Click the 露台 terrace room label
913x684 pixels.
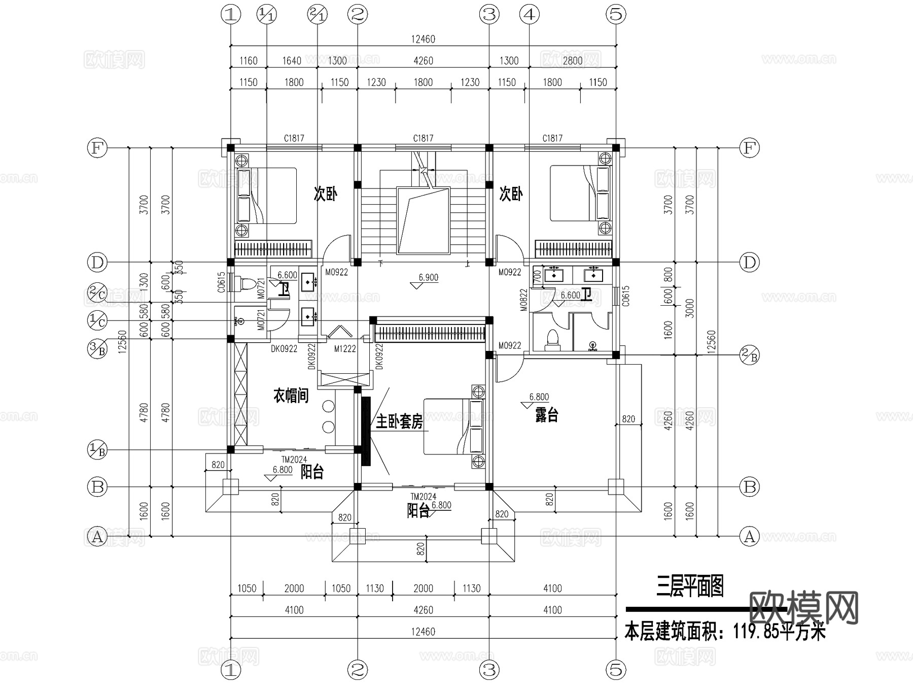pyautogui.click(x=546, y=415)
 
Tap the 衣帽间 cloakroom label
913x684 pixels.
pyautogui.click(x=291, y=396)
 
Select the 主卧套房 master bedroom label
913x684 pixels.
pyautogui.click(x=399, y=421)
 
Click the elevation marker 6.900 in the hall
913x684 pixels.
pyautogui.click(x=428, y=278)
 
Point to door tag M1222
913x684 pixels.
pyautogui.click(x=345, y=349)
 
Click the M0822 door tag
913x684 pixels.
pyautogui.click(x=523, y=300)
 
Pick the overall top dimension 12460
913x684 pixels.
pyautogui.click(x=423, y=39)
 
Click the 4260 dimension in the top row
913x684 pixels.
pyautogui.click(x=423, y=61)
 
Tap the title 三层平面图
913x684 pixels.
pyautogui.click(x=690, y=587)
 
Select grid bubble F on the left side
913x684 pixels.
pyautogui.click(x=97, y=148)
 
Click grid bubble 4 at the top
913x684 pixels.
pyautogui.click(x=529, y=15)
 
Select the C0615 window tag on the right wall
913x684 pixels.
pyautogui.click(x=625, y=296)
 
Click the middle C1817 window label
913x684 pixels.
pyautogui.click(x=423, y=138)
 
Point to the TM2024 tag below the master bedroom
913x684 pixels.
pyautogui.click(x=423, y=497)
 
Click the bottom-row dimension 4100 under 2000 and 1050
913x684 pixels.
pyautogui.click(x=294, y=610)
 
